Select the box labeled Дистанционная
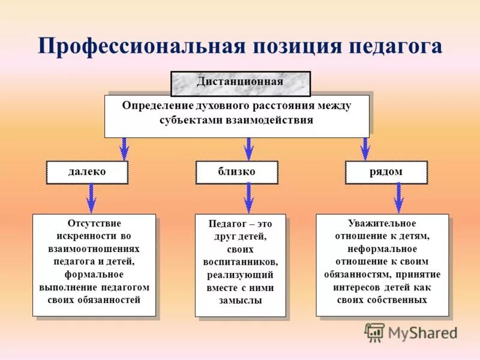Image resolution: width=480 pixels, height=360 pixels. pyautogui.click(x=240, y=82)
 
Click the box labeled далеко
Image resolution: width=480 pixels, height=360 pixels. pyautogui.click(x=87, y=172)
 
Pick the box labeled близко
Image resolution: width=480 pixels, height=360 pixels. pyautogui.click(x=236, y=172)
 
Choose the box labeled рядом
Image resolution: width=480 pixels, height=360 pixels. pyautogui.click(x=386, y=172)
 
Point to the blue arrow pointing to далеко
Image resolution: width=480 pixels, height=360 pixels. pyautogui.click(x=124, y=148)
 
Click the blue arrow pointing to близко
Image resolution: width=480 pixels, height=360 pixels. pyautogui.click(x=248, y=148)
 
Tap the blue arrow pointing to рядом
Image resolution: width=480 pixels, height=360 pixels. pyautogui.click(x=365, y=148)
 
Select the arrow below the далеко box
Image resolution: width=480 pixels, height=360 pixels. pyautogui.click(x=91, y=197)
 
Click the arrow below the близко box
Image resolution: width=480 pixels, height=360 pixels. pyautogui.click(x=248, y=197)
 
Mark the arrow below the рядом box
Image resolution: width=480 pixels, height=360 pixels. pyautogui.click(x=398, y=197)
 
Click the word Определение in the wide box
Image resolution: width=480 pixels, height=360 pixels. pyautogui.click(x=157, y=106)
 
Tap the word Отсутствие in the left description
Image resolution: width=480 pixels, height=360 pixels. pyautogui.click(x=94, y=223)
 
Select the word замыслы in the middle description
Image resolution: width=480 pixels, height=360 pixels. pyautogui.click(x=241, y=301)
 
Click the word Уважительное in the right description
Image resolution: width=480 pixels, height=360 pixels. pyautogui.click(x=382, y=223)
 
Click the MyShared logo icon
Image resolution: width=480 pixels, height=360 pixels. pyautogui.click(x=375, y=332)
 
